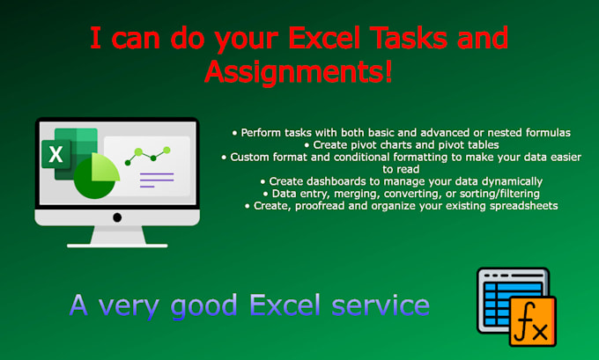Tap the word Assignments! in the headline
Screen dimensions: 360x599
pyautogui.click(x=298, y=71)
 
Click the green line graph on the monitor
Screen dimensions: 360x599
pyautogui.click(x=146, y=156)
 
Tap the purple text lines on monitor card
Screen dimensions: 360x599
pyautogui.click(x=157, y=180)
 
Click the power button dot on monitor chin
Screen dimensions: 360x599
pyautogui.click(x=116, y=217)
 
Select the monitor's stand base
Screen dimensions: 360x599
pyautogui.click(x=116, y=240)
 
